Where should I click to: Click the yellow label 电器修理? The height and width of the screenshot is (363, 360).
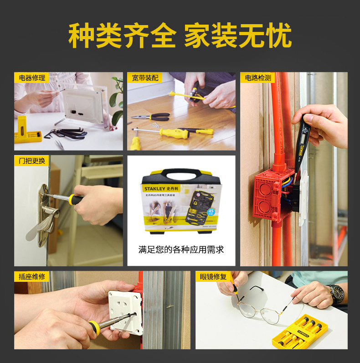tap(32, 78)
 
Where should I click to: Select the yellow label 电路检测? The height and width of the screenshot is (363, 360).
tap(258, 78)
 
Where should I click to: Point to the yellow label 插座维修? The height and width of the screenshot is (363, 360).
tap(32, 276)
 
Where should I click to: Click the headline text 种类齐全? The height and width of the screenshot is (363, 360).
tap(122, 35)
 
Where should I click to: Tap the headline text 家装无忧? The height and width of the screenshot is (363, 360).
tap(237, 35)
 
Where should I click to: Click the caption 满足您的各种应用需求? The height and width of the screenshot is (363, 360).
tap(181, 250)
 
